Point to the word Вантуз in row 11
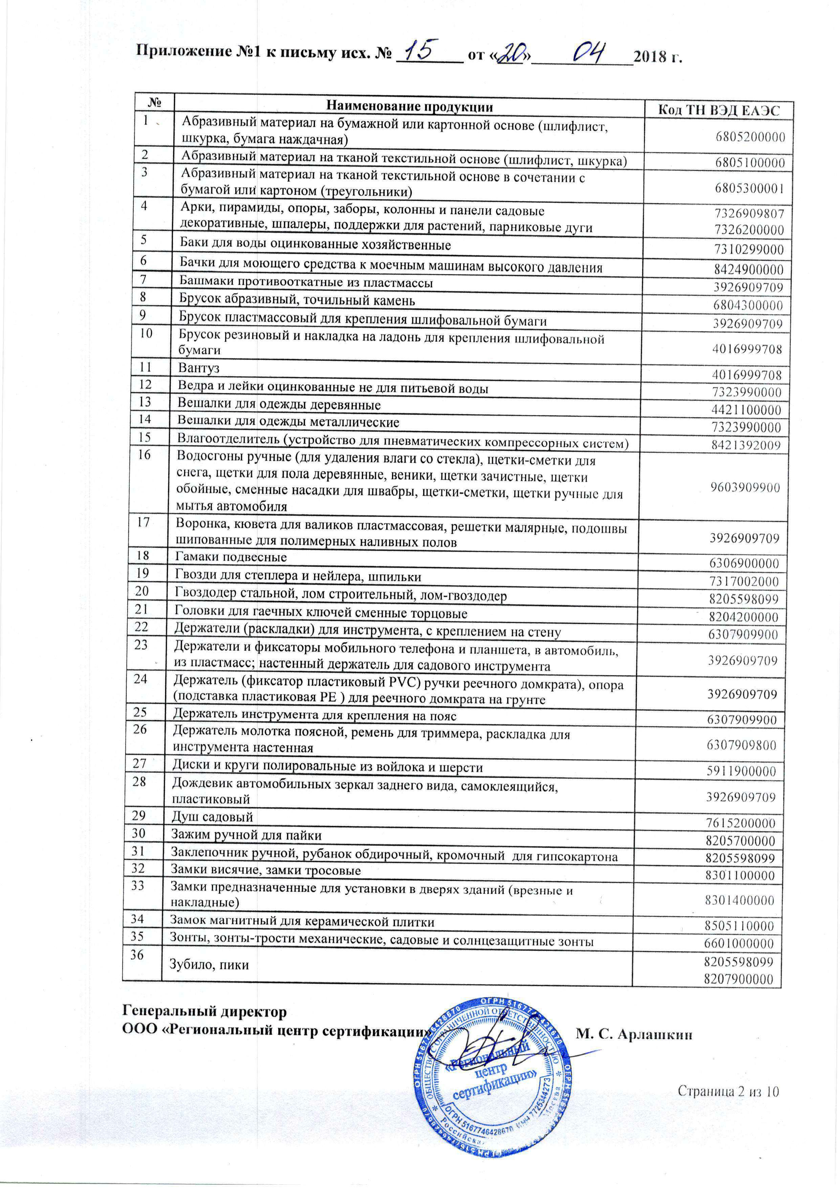[199, 368]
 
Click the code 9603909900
[745, 487]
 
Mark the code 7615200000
[741, 823]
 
